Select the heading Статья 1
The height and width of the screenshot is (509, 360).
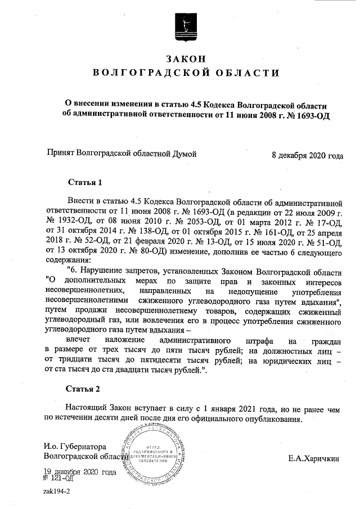[84, 183]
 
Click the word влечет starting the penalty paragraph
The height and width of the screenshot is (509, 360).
[78, 341]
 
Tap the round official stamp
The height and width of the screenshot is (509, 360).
[154, 456]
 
